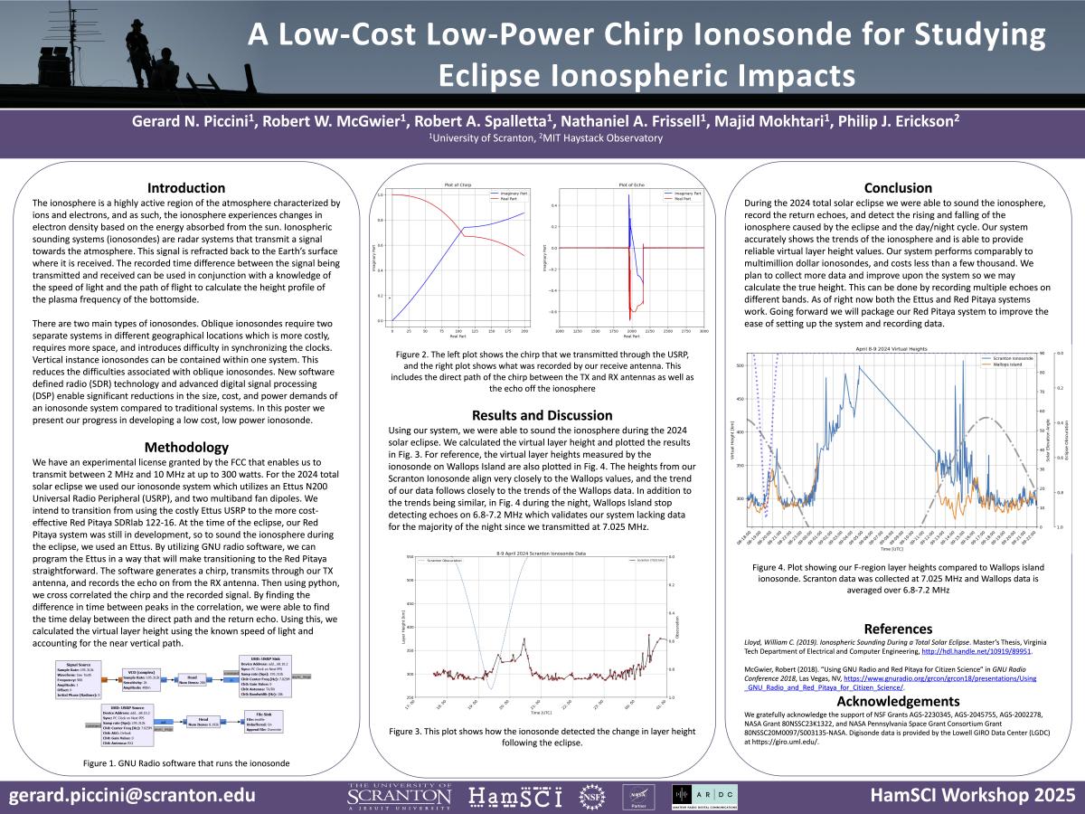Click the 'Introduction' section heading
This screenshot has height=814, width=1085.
click(186, 188)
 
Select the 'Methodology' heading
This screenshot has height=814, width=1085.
click(186, 447)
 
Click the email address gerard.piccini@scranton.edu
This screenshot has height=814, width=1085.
click(132, 795)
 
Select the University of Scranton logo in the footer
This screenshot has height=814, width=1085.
click(399, 796)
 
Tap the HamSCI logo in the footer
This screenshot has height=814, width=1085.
click(515, 797)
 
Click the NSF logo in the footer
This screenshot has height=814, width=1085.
click(590, 797)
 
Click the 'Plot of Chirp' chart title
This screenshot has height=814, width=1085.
click(458, 185)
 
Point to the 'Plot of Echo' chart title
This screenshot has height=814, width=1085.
click(630, 185)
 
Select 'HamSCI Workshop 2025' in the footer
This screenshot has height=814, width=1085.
click(972, 795)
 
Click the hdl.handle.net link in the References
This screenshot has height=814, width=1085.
click(977, 650)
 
